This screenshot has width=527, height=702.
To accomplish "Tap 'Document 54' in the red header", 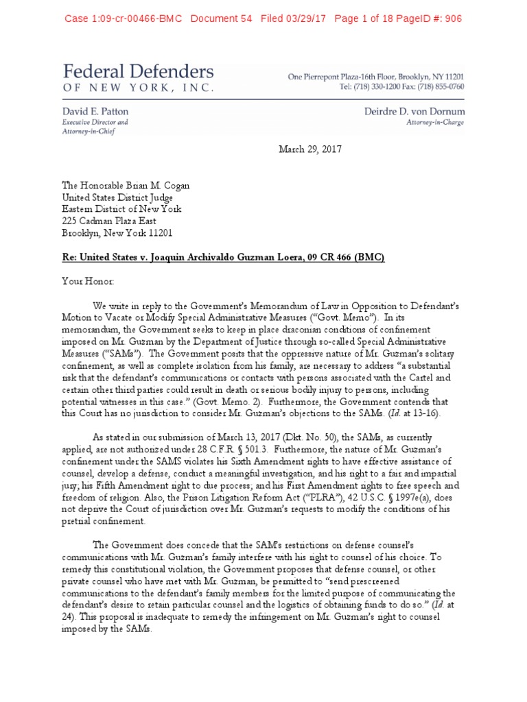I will [x=222, y=19].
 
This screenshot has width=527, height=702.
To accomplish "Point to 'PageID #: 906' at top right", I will [x=427, y=19].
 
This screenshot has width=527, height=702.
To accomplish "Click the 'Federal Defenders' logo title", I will [x=139, y=72].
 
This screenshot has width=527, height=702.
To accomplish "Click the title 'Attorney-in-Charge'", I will [x=435, y=123].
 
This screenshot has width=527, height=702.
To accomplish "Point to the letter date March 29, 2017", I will [x=310, y=149].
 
